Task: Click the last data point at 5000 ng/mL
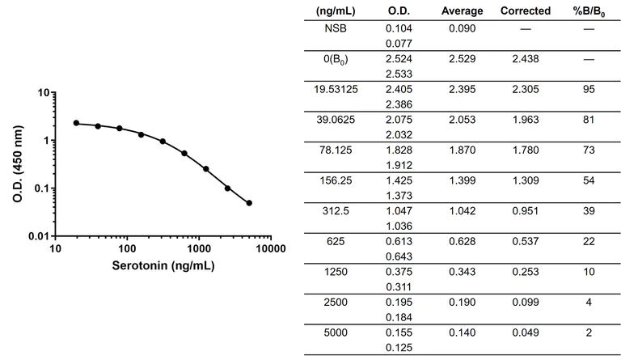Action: (249, 203)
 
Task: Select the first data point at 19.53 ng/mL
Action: (76, 123)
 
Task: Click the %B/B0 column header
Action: (588, 11)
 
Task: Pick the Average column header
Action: (463, 11)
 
